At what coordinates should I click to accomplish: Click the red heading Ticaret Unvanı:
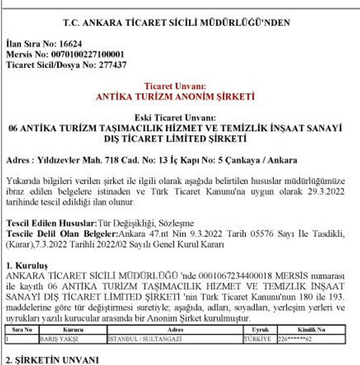coord(175,86)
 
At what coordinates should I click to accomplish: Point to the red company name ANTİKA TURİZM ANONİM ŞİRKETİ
coord(175,97)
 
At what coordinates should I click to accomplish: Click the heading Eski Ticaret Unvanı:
coord(175,118)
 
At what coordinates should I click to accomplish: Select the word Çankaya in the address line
coord(244,161)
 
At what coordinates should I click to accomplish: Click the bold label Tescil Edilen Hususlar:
coord(51,223)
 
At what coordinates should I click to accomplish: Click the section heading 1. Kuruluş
coord(27,265)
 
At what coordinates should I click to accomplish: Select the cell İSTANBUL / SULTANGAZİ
coord(137,337)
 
